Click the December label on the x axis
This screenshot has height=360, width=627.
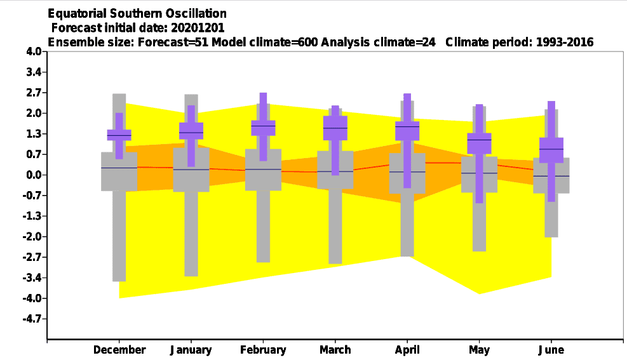(x=119, y=350)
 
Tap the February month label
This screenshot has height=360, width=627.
(x=263, y=350)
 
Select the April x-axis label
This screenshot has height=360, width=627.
(x=407, y=350)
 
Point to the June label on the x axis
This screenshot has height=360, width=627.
(x=551, y=350)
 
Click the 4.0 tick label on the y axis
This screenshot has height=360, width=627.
(x=34, y=51)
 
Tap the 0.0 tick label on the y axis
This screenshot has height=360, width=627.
(x=34, y=175)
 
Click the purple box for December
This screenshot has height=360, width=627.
(x=119, y=135)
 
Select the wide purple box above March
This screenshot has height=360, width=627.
(x=335, y=128)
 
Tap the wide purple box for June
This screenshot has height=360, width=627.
(x=551, y=150)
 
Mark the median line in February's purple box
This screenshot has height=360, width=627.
(x=263, y=126)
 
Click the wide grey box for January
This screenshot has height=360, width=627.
(x=191, y=170)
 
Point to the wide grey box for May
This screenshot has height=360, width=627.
(x=479, y=175)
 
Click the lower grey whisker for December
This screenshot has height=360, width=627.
(x=119, y=236)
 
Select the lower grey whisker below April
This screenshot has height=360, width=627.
(x=407, y=225)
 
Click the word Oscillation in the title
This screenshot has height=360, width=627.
(x=196, y=13)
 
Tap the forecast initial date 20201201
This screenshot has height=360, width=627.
(x=198, y=28)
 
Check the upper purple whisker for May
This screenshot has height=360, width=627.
(x=479, y=119)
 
